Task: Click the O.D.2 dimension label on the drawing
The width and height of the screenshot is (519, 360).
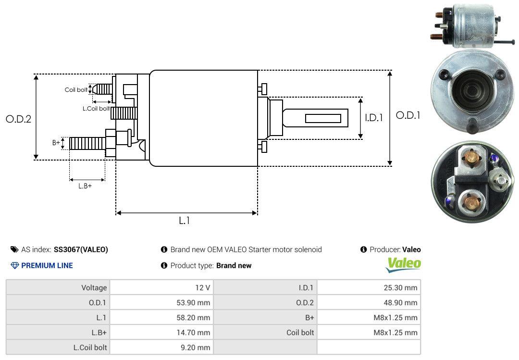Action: (19, 119)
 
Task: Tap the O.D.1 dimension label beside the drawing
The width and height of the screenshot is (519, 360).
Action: (408, 115)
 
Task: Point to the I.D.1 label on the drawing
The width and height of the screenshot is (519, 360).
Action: (374, 118)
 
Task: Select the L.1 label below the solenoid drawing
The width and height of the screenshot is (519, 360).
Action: (185, 221)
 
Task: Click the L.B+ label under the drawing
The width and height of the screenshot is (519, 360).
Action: (85, 186)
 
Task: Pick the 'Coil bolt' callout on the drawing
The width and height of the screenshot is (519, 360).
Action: (76, 90)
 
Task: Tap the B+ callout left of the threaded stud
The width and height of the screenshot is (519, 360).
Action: (56, 142)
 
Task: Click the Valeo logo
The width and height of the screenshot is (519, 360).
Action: (403, 265)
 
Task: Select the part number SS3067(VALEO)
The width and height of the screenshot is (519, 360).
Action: (81, 249)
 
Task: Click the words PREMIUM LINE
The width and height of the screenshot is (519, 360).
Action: (47, 265)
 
